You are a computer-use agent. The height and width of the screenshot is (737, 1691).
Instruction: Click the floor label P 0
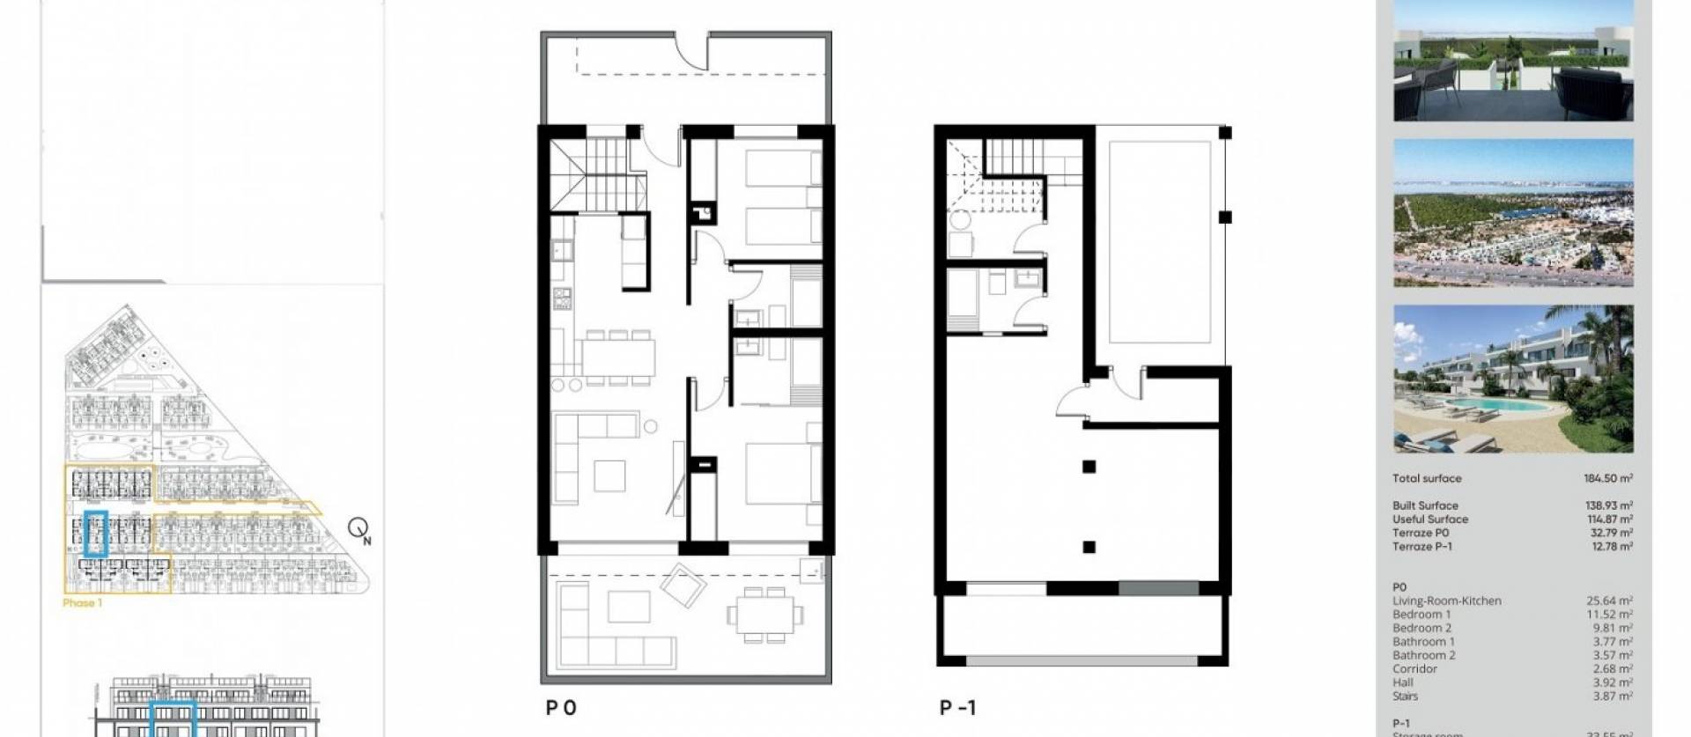[561, 708]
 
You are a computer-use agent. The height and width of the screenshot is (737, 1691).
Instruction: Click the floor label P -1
[957, 708]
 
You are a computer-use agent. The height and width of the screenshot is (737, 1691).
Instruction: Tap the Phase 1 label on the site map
[83, 603]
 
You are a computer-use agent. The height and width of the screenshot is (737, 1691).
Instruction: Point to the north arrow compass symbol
[358, 528]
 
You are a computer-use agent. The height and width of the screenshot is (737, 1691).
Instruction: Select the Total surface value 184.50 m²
[1607, 478]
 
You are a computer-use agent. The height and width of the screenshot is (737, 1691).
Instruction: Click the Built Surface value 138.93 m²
[1607, 505]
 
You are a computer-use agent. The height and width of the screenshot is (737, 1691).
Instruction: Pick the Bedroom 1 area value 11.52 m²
[1609, 615]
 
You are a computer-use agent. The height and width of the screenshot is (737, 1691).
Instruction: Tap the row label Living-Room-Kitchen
[1446, 601]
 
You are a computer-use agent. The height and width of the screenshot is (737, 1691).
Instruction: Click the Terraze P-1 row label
[1421, 546]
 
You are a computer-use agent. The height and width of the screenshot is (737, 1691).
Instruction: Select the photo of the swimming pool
[1512, 380]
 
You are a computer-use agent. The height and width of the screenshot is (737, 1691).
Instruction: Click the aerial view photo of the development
[1512, 212]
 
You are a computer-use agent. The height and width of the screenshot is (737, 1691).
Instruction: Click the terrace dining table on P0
[764, 611]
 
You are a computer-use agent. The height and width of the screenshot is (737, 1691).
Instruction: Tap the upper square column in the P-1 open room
[1089, 467]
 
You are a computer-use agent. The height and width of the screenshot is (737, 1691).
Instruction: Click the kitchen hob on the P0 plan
[562, 298]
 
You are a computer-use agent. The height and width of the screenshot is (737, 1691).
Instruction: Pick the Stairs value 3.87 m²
[1609, 696]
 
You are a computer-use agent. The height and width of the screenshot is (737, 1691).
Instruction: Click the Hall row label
[1403, 682]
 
